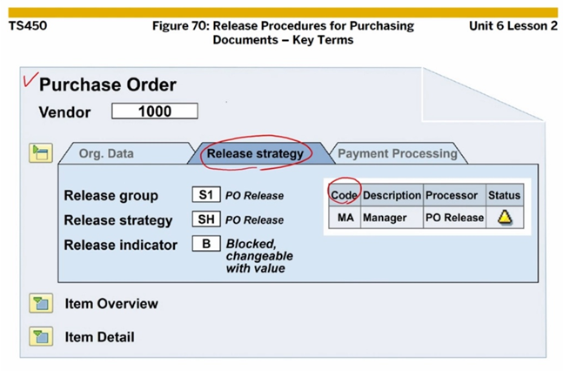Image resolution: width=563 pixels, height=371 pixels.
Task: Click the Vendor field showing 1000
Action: [x=154, y=111]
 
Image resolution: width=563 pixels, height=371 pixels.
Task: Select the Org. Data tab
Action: [x=106, y=154]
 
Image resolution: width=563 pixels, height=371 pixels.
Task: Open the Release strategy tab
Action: [x=255, y=154]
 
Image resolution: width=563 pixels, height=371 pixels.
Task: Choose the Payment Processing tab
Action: [x=397, y=154]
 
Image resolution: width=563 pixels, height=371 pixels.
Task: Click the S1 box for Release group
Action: [x=204, y=195]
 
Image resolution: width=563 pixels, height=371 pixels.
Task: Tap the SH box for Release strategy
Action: [x=204, y=219]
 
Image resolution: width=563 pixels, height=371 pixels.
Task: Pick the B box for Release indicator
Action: [x=204, y=245]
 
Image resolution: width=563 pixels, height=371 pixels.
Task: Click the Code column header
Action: [x=345, y=195]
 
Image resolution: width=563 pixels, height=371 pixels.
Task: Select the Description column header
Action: [x=392, y=195]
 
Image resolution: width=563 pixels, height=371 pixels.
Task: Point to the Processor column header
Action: [x=452, y=195]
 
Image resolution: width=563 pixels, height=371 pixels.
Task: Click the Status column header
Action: [x=504, y=195]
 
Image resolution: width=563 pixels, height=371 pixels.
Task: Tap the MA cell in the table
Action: [x=345, y=218]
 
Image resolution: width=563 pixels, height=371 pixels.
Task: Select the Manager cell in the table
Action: [x=385, y=218]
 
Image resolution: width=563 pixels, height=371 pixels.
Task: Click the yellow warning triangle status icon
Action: [x=504, y=218]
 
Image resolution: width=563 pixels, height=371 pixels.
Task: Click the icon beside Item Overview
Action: [x=41, y=304]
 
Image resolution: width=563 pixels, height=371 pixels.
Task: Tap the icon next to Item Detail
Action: [x=41, y=336]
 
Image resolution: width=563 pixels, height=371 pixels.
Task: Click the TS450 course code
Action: [x=28, y=26]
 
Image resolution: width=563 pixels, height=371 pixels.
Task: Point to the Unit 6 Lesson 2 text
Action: [x=513, y=26]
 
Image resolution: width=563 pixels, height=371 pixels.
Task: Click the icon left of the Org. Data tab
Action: [x=41, y=153]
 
